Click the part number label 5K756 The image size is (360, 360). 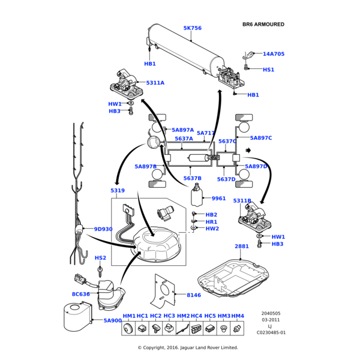tap(192, 28)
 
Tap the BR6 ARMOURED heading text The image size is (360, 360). tap(263, 25)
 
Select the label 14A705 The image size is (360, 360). tap(273, 54)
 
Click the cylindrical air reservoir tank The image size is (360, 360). tap(186, 52)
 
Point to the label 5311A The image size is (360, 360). tap(155, 83)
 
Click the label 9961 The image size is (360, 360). tap(218, 199)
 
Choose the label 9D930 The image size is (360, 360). tap(103, 229)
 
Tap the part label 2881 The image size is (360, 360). tap(241, 247)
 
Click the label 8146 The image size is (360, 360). tap(194, 295)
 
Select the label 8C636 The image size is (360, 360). tap(80, 294)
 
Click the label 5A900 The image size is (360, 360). tap(112, 320)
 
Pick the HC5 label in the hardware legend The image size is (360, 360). tap(210, 316)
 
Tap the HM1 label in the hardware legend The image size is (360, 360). tap(129, 316)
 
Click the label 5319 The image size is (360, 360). tap(118, 191)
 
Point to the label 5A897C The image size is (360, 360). tap(261, 138)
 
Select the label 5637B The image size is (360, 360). tap(192, 179)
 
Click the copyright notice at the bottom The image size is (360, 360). tap(188, 347)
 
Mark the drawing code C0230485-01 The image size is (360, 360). tap(271, 332)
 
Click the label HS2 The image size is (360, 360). tap(100, 258)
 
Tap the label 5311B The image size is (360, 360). tap(242, 201)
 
